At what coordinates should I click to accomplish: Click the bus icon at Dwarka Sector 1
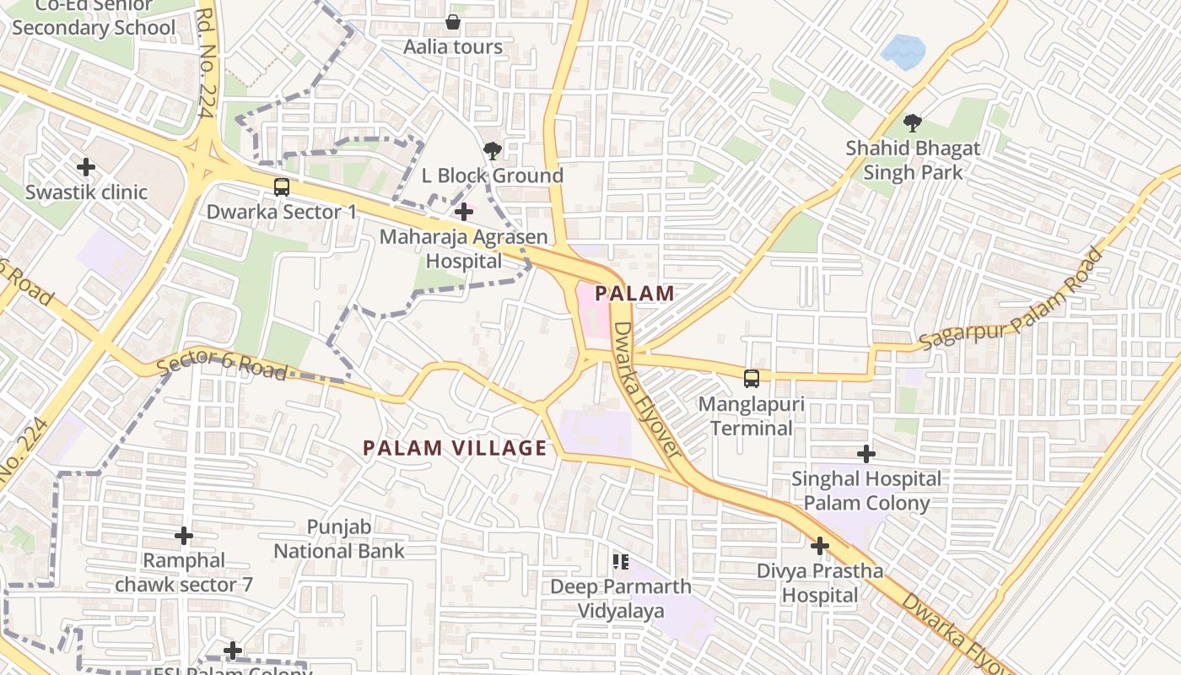282,187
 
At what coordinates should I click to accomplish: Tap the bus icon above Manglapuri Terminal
751,379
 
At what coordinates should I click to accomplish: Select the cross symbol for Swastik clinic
86,167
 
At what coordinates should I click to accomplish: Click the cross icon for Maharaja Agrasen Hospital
463,211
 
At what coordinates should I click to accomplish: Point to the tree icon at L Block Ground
492,151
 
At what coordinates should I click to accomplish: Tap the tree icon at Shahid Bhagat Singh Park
912,123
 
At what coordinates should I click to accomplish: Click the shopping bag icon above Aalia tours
453,22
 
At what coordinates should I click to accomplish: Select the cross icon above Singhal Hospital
866,454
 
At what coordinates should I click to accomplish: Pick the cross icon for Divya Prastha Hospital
819,546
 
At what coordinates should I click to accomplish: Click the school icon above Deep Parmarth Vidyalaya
621,561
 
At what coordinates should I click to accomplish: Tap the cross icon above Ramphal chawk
183,536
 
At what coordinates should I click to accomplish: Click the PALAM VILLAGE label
456,448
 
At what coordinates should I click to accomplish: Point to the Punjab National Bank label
339,539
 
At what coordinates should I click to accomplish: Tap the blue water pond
903,51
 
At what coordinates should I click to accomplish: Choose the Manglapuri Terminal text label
751,416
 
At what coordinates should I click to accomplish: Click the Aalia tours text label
453,47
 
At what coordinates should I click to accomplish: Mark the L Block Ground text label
493,175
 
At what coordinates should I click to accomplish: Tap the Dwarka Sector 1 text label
282,212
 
